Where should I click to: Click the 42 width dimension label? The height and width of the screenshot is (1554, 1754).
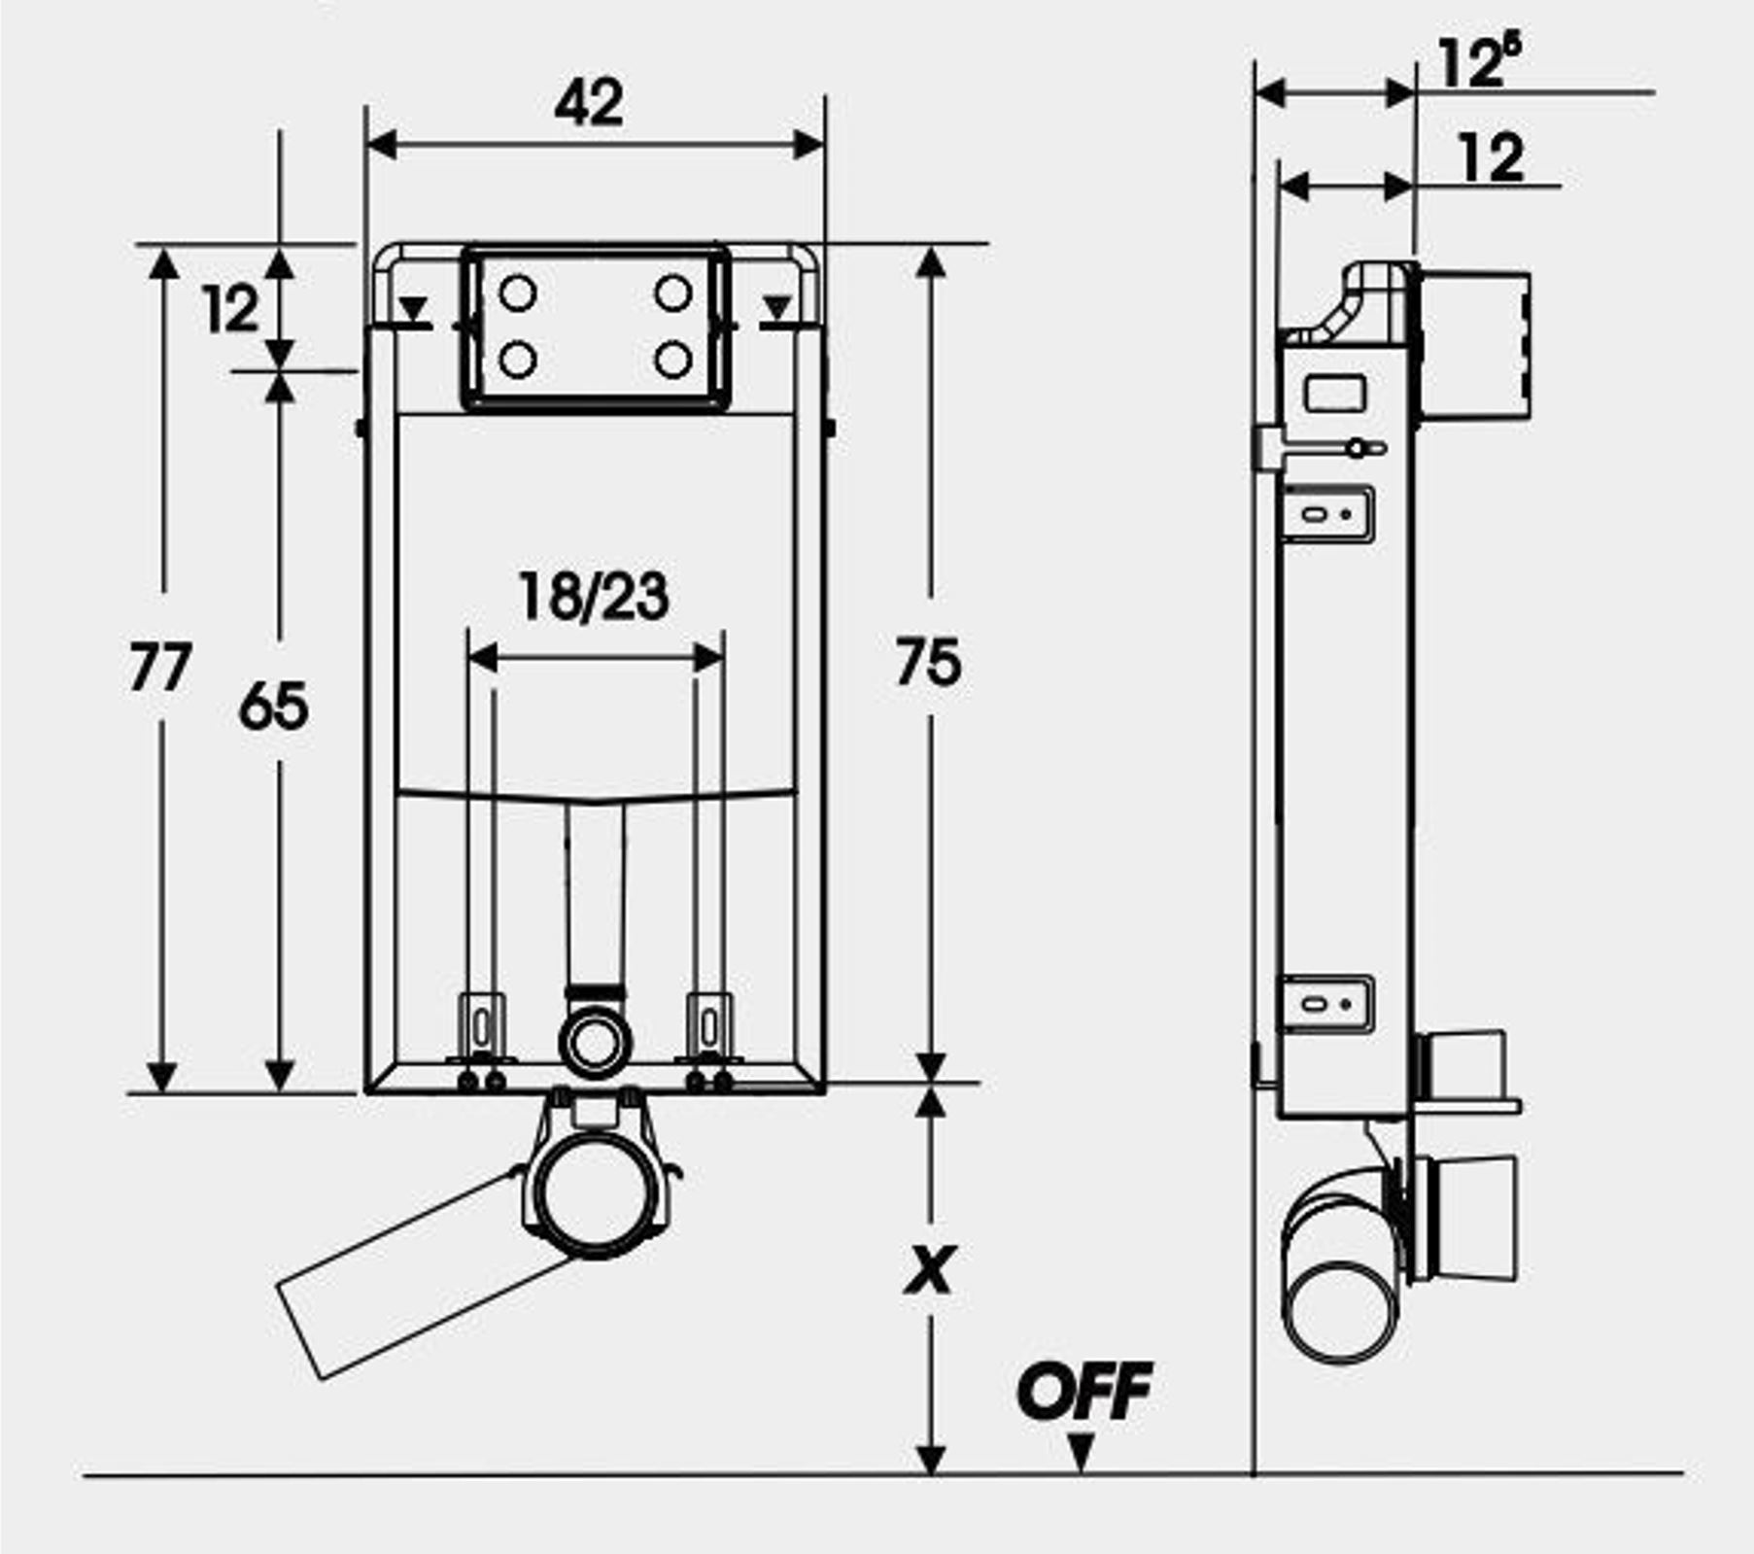tap(589, 102)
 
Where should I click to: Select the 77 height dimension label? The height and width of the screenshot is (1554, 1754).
tap(160, 669)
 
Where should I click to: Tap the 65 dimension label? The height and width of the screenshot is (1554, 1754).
tap(273, 706)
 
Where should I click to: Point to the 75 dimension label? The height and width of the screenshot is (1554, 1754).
tap(928, 662)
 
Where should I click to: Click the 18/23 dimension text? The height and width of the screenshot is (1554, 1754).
tap(594, 596)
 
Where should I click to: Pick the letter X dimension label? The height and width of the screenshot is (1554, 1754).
tap(930, 1268)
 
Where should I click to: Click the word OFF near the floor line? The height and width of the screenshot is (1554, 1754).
tap(1084, 1391)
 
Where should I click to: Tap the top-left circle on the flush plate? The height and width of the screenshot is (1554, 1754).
tap(517, 293)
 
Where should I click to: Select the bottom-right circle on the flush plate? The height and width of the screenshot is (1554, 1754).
tap(672, 360)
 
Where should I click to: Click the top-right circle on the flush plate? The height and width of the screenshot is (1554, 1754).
tap(672, 293)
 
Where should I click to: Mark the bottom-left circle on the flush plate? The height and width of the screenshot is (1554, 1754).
tap(517, 360)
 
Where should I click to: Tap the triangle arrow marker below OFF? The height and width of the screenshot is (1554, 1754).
tap(1081, 1453)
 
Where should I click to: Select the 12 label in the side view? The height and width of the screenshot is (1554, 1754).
tap(1491, 158)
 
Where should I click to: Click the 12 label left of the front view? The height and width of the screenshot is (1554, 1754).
tap(231, 310)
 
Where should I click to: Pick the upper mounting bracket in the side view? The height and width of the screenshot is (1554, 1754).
tap(1327, 513)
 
